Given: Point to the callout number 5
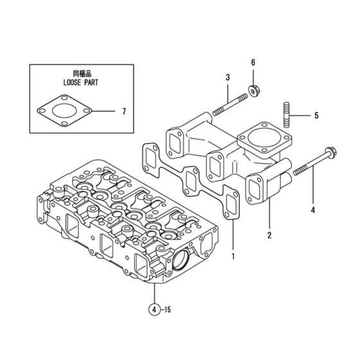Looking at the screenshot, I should coord(316,116).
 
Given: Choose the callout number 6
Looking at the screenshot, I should coord(253,62).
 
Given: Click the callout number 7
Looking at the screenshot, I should coord(124,111).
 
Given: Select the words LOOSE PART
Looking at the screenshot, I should coord(76,83).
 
